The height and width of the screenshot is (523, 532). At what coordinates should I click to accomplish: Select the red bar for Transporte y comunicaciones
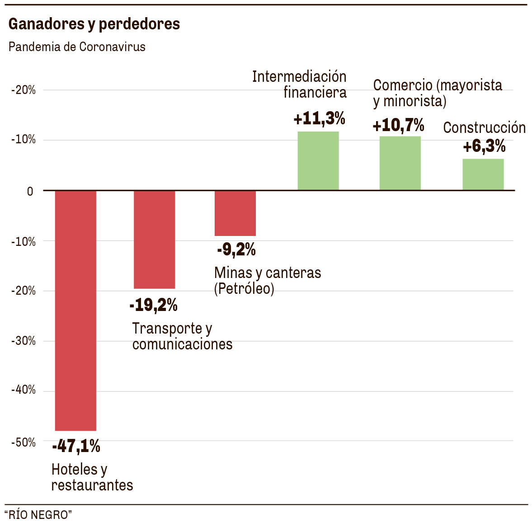155,240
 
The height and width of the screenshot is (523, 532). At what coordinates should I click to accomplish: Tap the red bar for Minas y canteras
235,213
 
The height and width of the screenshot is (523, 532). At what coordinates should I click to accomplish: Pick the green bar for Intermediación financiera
318,160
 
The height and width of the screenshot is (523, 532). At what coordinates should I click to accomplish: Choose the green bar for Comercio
400,163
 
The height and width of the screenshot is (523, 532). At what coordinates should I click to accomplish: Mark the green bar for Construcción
483,174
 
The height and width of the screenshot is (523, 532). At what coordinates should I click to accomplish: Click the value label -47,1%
76,446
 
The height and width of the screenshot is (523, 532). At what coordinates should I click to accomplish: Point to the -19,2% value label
153,305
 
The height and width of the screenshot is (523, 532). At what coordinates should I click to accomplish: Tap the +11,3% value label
319,118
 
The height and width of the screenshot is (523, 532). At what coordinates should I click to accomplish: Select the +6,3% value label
484,146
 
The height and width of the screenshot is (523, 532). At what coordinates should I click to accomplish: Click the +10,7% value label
398,125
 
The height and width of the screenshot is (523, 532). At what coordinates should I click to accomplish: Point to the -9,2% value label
236,249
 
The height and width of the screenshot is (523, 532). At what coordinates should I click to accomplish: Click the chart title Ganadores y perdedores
94,24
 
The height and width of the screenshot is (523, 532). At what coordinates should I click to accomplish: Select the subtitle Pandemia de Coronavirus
77,47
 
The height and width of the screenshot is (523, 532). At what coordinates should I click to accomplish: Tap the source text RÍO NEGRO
38,514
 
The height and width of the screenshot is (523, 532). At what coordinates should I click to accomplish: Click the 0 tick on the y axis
30,191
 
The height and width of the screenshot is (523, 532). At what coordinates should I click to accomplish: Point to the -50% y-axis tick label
24,442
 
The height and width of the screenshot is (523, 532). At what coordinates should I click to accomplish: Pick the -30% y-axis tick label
24,341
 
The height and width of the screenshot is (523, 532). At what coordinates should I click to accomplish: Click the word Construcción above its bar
484,128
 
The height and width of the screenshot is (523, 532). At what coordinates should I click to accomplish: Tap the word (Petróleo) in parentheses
244,288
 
